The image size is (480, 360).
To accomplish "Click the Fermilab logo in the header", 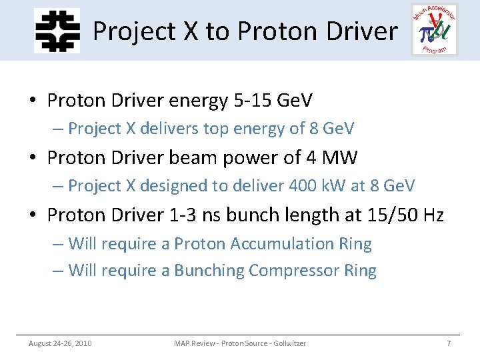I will pos(57,30).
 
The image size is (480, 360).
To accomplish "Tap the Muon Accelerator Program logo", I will pos(435,29).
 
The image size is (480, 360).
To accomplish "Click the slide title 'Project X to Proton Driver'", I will pos(245,31).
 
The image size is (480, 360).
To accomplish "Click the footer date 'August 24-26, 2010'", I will pos(60,343).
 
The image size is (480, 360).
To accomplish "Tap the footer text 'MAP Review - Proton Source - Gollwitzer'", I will pos(240,343).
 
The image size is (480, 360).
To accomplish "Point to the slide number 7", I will pos(449,343).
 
